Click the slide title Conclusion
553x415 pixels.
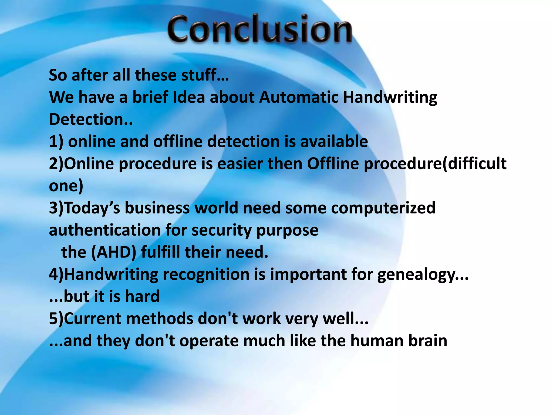(260, 29)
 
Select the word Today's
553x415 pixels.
(92, 208)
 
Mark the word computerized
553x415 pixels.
(383, 208)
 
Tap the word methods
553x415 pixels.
(159, 319)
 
